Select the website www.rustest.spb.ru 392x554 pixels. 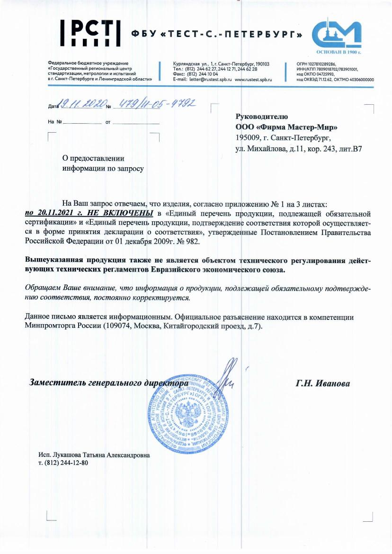pos(253,80)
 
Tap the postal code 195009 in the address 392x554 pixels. pos(248,138)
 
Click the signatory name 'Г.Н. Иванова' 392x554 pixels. pos(323,383)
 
